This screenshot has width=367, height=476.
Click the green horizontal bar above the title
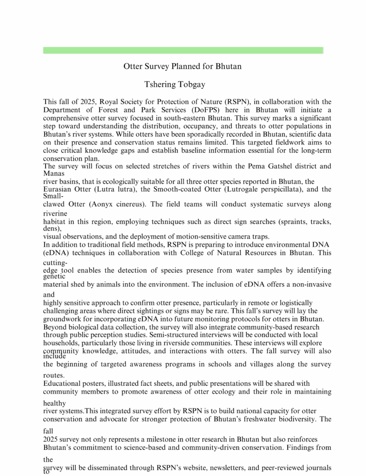(183, 50)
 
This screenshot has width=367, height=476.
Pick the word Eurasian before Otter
(58, 189)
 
